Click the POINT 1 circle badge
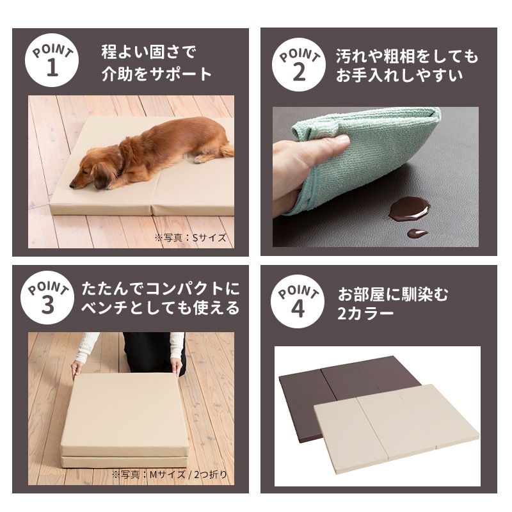coord(52,60)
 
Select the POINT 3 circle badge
coord(47,298)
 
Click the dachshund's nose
coord(72,186)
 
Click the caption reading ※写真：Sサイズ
coord(190,237)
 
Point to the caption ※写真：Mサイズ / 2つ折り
coord(169,474)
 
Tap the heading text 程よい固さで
coord(148,52)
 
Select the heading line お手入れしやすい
coord(399,76)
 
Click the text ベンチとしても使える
coord(161,308)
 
